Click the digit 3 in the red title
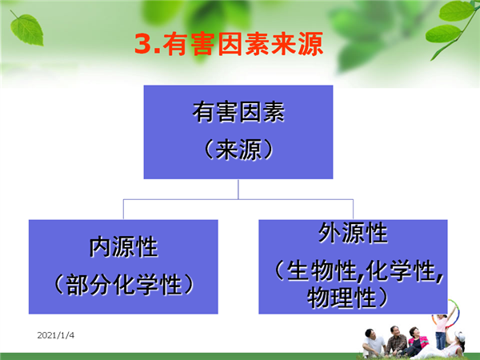143,43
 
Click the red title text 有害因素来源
242,44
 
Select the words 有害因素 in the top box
238,112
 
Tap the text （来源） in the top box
238,150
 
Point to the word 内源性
123,246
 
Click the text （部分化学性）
124,285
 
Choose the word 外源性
353,233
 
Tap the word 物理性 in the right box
342,297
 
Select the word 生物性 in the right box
322,270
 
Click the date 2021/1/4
56,335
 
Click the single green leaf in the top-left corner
26,29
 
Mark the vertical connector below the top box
238,189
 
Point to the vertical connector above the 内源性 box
123,210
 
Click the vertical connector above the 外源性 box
353,210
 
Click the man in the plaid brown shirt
395,341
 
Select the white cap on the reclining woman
460,336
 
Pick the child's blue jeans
440,341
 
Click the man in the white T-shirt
373,343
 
